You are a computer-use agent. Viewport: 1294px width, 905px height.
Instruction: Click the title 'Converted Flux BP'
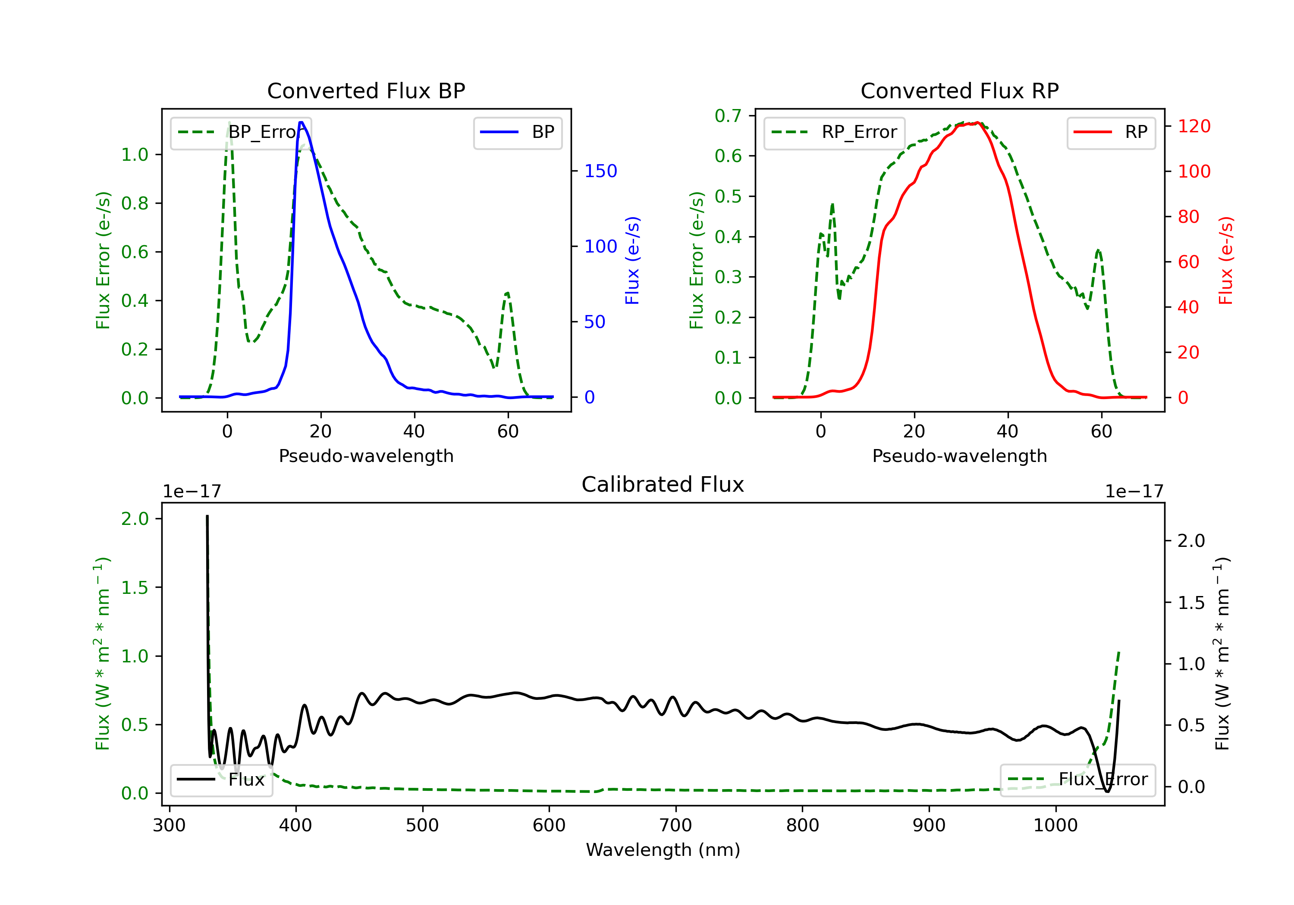[366, 90]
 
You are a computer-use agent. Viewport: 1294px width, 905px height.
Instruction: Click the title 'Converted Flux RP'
[959, 90]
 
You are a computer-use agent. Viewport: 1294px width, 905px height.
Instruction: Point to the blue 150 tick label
[600, 171]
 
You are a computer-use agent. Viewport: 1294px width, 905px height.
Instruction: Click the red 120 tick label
[1193, 126]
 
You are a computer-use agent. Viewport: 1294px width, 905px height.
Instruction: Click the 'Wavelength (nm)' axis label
[663, 850]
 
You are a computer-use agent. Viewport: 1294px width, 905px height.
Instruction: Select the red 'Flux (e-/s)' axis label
[1225, 260]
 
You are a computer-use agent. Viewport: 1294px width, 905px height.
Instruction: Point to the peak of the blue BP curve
[301, 122]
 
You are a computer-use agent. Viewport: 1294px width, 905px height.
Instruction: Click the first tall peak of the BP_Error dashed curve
[229, 123]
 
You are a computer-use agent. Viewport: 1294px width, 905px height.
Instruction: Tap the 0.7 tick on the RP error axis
[728, 116]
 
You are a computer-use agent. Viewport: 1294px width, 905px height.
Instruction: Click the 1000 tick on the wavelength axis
[1055, 826]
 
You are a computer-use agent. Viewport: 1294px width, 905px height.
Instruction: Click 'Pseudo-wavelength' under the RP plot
[959, 456]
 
